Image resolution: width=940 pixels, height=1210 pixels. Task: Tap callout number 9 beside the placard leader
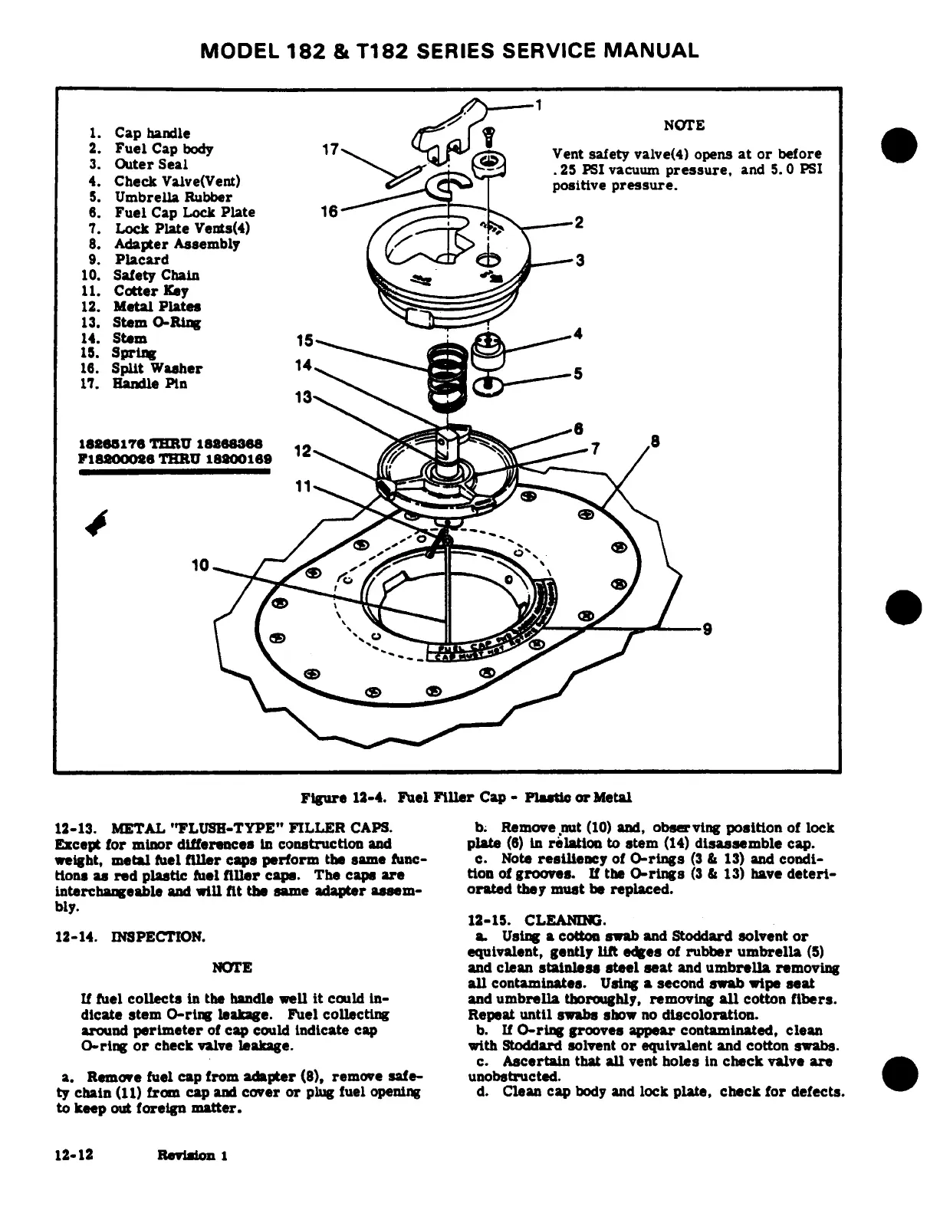(x=708, y=630)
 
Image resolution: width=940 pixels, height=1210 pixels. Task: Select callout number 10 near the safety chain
(x=200, y=566)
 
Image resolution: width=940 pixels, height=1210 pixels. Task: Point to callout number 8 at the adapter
(x=655, y=442)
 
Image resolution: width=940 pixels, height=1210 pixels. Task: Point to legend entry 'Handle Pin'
(x=150, y=383)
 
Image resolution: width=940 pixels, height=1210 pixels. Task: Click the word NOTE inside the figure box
(x=684, y=126)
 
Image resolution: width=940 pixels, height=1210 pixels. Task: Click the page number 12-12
(x=74, y=1155)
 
